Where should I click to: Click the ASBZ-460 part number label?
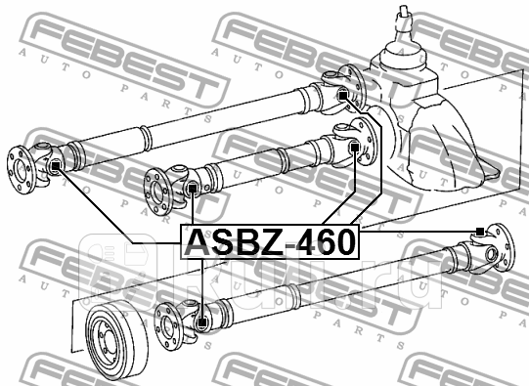pyautogui.click(x=271, y=240)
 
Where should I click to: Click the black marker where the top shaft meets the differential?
pyautogui.click(x=344, y=95)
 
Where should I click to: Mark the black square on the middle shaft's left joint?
pyautogui.click(x=194, y=187)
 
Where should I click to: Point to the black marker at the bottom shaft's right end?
pyautogui.click(x=479, y=232)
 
